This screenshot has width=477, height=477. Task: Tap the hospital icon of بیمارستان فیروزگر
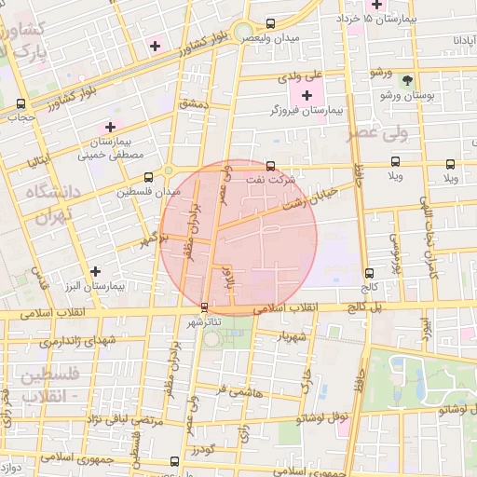click(x=307, y=95)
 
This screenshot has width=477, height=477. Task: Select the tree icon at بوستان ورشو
click(x=406, y=81)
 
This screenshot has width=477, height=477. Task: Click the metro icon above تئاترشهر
click(x=205, y=307)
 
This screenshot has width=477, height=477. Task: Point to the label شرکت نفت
click(x=271, y=178)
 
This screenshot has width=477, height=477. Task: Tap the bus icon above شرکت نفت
click(x=270, y=166)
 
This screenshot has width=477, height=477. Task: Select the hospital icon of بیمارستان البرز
click(x=95, y=271)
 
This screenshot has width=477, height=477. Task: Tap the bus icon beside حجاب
click(x=20, y=104)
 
